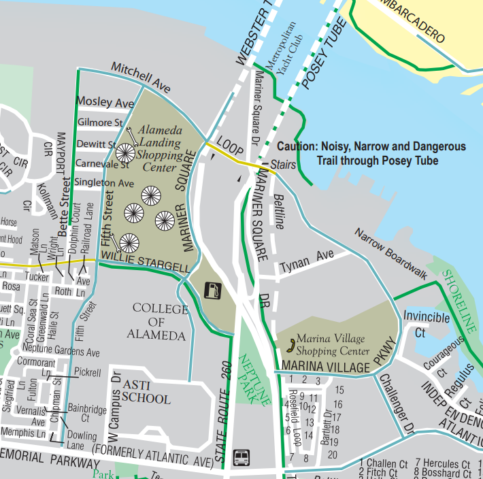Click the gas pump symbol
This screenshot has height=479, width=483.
click(x=214, y=291)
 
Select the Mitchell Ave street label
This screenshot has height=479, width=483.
click(x=141, y=77)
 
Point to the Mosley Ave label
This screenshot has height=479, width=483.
click(x=105, y=102)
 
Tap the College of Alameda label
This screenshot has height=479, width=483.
click(x=160, y=321)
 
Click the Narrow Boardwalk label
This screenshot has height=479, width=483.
click(x=390, y=254)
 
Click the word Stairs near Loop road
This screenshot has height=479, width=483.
click(x=282, y=165)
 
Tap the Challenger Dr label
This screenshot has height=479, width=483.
click(x=395, y=404)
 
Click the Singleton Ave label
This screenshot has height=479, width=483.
click(x=105, y=184)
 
